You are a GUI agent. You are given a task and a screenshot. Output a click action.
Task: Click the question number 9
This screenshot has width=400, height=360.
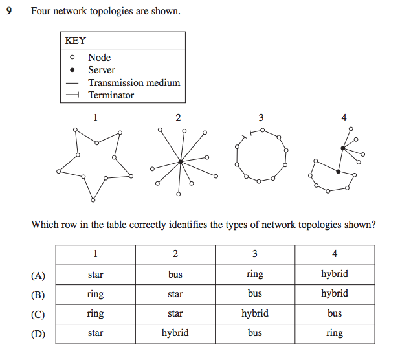click(x=9, y=12)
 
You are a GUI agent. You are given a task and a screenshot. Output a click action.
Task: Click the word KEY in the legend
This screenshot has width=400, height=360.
click(x=76, y=40)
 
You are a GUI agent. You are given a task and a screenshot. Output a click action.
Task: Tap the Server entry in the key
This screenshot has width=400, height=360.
click(x=102, y=70)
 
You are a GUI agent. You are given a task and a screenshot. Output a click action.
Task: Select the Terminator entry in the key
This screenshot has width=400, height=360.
click(x=111, y=95)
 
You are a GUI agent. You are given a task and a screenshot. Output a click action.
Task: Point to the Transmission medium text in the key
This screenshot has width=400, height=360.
click(x=134, y=83)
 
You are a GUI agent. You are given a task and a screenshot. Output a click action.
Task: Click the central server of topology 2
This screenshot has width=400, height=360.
click(x=181, y=161)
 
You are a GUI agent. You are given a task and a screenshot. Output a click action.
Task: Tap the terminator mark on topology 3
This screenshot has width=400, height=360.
click(x=245, y=137)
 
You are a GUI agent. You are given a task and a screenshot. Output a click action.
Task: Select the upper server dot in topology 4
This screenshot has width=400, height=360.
click(x=343, y=148)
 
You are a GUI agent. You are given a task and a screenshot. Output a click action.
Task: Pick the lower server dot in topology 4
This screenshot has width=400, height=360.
click(x=338, y=171)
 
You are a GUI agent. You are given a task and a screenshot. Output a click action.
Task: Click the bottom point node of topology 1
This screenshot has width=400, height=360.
click(x=93, y=198)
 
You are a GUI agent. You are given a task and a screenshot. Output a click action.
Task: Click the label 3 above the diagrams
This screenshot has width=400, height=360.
click(x=261, y=118)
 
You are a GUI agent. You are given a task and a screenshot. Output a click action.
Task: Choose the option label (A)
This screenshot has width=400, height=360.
click(x=38, y=275)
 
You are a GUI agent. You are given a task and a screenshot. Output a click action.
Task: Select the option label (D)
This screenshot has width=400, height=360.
click(x=38, y=333)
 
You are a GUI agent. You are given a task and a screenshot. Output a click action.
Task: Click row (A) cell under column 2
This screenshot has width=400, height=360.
click(x=175, y=275)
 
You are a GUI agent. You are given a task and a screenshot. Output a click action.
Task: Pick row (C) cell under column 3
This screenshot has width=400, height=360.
click(x=255, y=313)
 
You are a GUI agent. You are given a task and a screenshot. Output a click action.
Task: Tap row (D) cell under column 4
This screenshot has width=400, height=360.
click(x=335, y=333)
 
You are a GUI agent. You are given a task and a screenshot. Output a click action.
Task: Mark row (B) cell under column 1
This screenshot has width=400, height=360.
click(x=95, y=294)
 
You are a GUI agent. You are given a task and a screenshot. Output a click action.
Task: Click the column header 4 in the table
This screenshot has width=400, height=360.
click(x=335, y=254)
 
